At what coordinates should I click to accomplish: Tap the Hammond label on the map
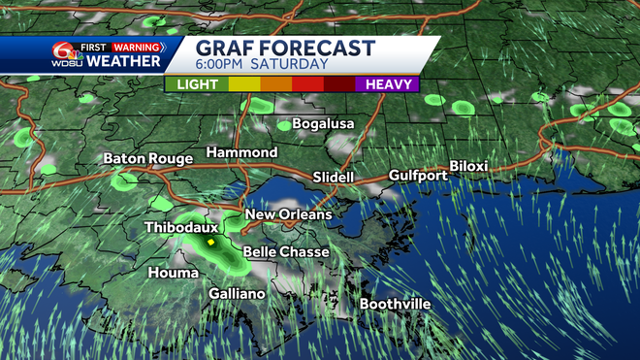click(241, 153)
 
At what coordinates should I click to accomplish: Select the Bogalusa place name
click(323, 124)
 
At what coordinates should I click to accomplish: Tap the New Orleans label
click(288, 214)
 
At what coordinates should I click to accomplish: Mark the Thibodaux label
click(180, 227)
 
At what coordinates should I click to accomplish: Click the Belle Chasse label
click(285, 252)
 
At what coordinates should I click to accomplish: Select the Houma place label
click(174, 274)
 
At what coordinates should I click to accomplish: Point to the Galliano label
click(238, 294)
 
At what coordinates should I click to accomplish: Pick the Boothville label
click(395, 305)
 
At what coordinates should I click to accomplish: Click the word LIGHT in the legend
click(197, 84)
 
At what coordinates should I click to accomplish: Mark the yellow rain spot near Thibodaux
click(209, 241)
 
